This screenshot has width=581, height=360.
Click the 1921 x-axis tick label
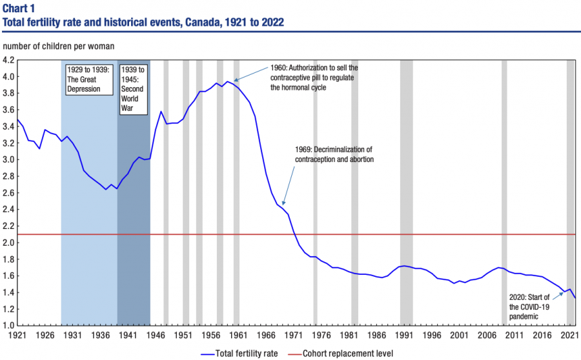click(x=17, y=335)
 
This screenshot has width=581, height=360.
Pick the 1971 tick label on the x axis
click(x=293, y=335)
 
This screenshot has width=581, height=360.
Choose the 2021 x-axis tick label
click(x=568, y=335)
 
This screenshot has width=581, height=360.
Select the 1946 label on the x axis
click(x=155, y=335)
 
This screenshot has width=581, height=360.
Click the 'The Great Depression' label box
click(x=89, y=79)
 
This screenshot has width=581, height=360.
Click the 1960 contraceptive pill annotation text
click(x=314, y=77)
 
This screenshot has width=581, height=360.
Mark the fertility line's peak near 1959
click(x=227, y=81)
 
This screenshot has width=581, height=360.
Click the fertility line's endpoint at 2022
click(x=575, y=297)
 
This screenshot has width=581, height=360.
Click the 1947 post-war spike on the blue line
click(x=161, y=112)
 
